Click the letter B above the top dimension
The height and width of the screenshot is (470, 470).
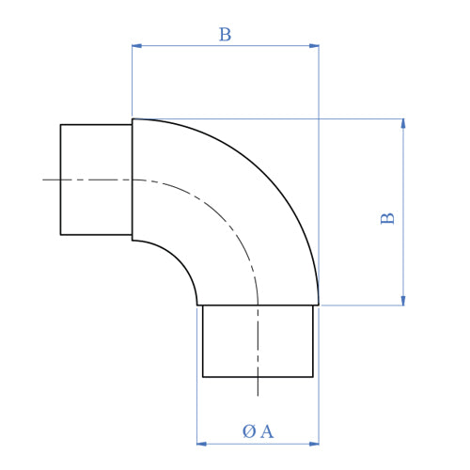225,36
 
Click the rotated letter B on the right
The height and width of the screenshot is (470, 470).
387,218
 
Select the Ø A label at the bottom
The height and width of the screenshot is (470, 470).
258,431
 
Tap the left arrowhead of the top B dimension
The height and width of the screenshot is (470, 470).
137,45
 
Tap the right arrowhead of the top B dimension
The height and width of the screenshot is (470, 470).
314,45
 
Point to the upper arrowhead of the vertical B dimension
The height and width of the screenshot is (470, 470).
403,124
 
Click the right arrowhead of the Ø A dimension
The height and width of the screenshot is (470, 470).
314,443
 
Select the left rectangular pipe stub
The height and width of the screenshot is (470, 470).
96,180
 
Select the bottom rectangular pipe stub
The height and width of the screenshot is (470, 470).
258,340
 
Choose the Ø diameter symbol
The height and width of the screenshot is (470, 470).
248,431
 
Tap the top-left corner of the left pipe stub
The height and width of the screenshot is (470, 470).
60,124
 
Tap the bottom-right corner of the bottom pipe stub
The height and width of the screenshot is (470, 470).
313,377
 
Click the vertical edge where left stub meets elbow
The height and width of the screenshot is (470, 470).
132,180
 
